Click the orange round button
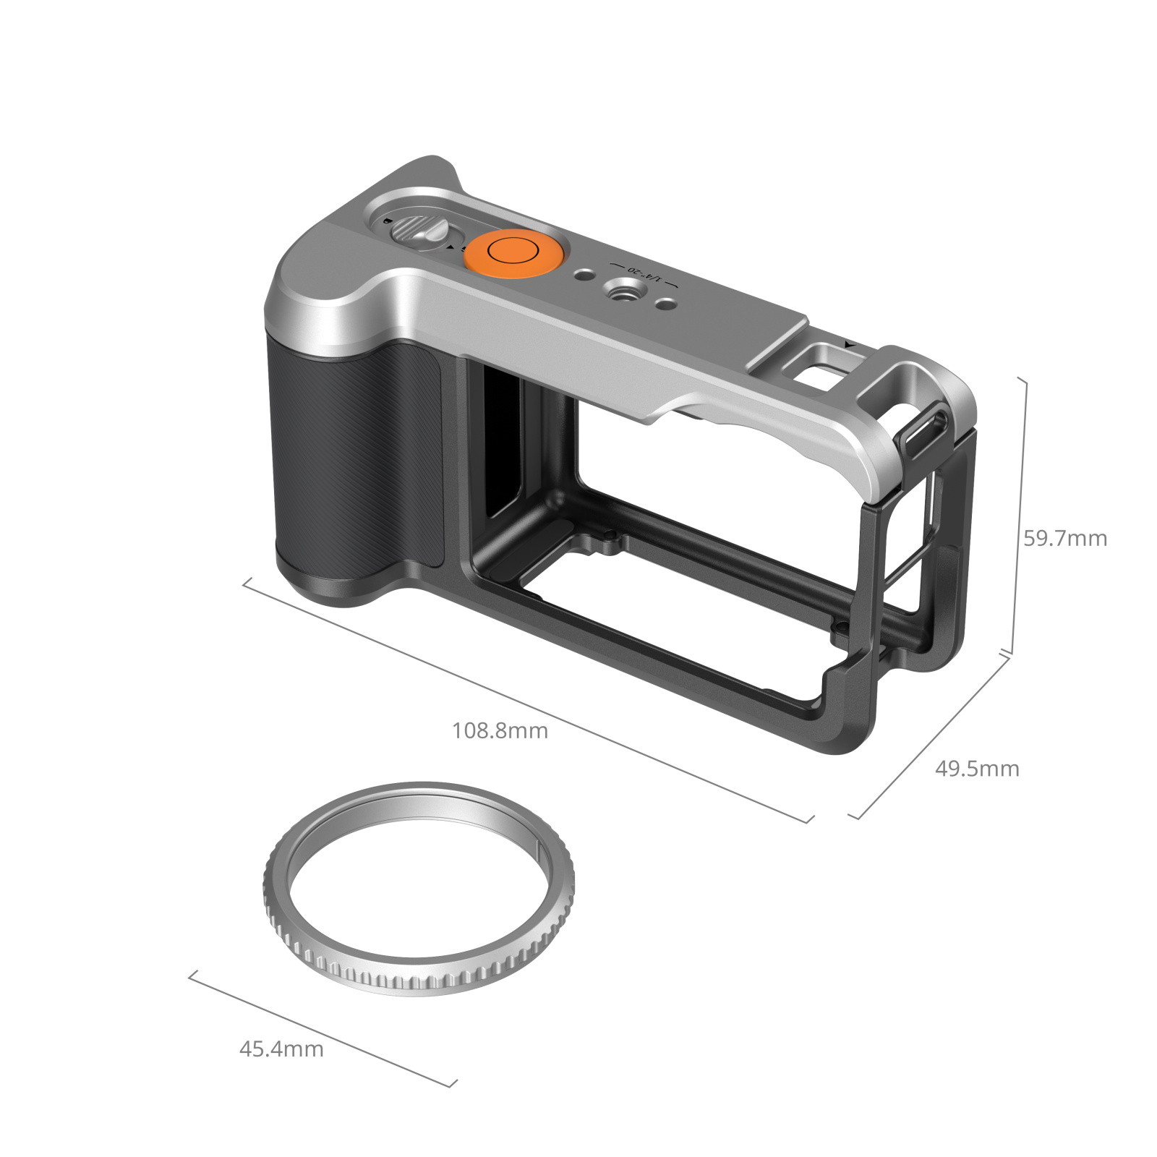pyautogui.click(x=511, y=252)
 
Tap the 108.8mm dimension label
pyautogui.click(x=500, y=730)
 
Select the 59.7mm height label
pyautogui.click(x=1064, y=538)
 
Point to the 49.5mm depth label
pyautogui.click(x=977, y=768)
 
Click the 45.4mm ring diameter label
pyautogui.click(x=281, y=1049)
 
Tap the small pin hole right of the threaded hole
pyautogui.click(x=666, y=304)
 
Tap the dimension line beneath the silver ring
pyautogui.click(x=322, y=1028)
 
